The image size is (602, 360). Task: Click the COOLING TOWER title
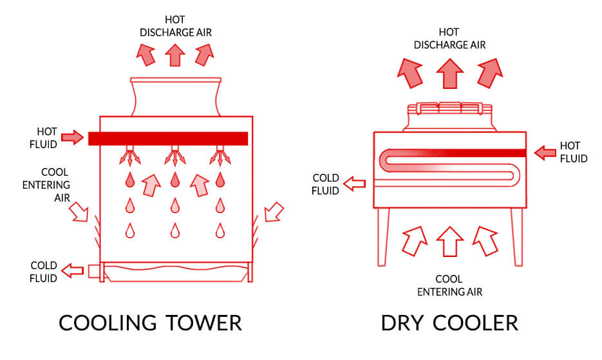coord(150,323)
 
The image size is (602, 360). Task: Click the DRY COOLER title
coord(449,323)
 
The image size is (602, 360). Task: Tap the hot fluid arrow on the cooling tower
coord(73,137)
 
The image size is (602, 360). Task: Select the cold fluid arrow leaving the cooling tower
coord(73,270)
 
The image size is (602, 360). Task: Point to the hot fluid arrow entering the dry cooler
coord(545,153)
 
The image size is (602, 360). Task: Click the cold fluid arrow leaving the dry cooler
coord(354,184)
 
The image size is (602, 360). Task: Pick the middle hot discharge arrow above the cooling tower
coord(175,55)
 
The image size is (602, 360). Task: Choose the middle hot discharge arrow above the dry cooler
coord(449,73)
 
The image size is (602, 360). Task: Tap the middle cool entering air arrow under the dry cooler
coord(449,242)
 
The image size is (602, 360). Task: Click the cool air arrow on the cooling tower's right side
coord(274,212)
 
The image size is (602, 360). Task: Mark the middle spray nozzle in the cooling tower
coord(175,156)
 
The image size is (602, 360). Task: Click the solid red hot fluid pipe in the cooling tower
coord(168,138)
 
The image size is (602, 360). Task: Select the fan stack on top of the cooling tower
coord(176,97)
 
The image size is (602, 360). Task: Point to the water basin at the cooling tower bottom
coord(175,272)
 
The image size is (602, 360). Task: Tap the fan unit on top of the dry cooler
coord(449,117)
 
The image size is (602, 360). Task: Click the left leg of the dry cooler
coord(382,237)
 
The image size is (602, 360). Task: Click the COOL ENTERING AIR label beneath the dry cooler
coord(449,285)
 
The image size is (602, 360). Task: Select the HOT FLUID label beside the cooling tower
coord(43,138)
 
